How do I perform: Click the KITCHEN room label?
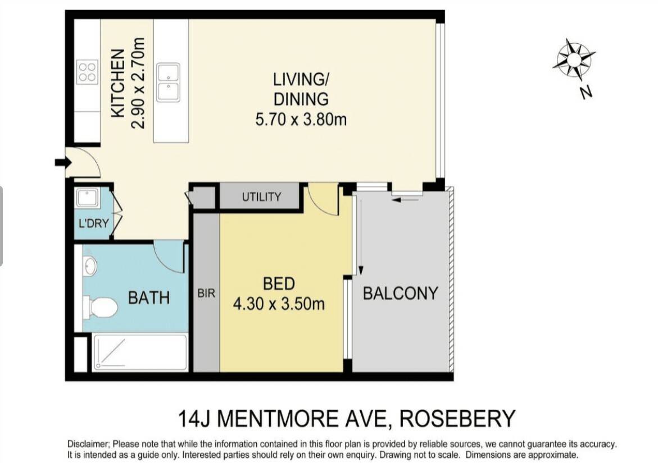118,84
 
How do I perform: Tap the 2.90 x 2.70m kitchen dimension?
138,83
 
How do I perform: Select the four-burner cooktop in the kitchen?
88,72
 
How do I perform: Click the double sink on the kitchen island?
168,82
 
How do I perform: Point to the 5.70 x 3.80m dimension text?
301,120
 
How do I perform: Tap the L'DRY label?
94,223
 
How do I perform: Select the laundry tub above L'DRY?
88,198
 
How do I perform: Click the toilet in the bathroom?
101,308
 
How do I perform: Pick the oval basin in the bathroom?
90,266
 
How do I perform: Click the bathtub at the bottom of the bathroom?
140,352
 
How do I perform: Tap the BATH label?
149,298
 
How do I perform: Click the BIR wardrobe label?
206,294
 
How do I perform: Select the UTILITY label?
261,196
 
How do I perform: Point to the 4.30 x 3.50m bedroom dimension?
279,304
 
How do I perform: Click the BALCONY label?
400,294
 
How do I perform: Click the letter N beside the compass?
586,92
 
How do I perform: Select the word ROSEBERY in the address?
457,418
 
